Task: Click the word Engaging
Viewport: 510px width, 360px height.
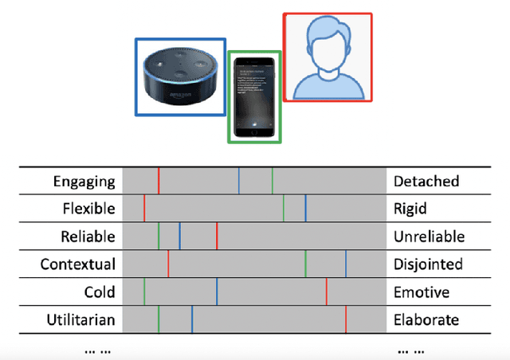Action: click(x=84, y=182)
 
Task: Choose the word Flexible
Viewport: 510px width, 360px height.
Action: click(x=88, y=209)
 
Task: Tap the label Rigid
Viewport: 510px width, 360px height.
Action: click(x=410, y=209)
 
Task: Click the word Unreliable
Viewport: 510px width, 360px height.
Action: click(x=429, y=237)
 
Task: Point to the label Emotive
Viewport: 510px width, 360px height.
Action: click(x=420, y=292)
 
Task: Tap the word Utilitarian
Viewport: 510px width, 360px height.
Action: click(x=80, y=320)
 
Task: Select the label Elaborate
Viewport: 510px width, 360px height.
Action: click(x=426, y=320)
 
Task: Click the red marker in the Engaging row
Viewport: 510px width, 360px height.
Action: click(x=158, y=182)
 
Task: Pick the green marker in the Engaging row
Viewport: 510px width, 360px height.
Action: click(x=272, y=182)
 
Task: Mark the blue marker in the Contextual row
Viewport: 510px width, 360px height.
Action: click(x=346, y=264)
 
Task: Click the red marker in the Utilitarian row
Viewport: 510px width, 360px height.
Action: click(x=346, y=320)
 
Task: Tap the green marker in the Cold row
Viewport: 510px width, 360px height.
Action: click(x=144, y=292)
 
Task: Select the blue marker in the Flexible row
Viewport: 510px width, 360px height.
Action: click(x=305, y=209)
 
